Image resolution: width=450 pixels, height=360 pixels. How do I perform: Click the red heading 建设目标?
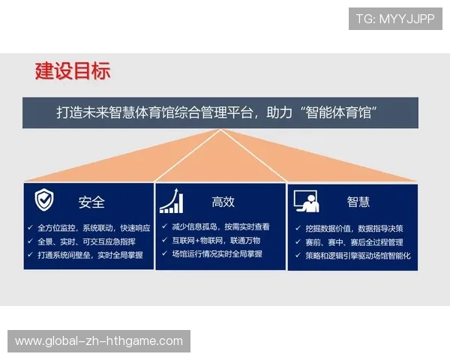pyautogui.click(x=73, y=71)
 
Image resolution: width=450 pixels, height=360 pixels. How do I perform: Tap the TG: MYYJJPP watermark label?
pyautogui.click(x=395, y=19)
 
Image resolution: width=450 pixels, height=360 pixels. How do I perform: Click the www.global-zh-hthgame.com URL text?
pyautogui.click(x=99, y=341)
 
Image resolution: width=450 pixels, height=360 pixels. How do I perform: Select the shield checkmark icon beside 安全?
pyautogui.click(x=44, y=200)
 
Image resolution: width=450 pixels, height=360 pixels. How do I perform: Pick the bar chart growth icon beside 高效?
pyautogui.click(x=172, y=200)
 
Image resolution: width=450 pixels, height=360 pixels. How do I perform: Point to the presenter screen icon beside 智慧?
pyautogui.click(x=306, y=200)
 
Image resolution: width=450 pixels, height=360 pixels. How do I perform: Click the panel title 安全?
pyautogui.click(x=91, y=202)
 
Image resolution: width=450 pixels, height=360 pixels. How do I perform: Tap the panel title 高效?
pyautogui.click(x=223, y=202)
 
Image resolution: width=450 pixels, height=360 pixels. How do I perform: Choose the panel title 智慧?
pyautogui.click(x=358, y=202)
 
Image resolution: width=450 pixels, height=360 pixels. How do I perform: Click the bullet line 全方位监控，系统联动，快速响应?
pyautogui.click(x=94, y=227)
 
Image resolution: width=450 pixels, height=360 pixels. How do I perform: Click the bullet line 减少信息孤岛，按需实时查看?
pyautogui.click(x=220, y=226)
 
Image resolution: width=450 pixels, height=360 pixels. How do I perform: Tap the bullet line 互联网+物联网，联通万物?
pyautogui.click(x=216, y=241)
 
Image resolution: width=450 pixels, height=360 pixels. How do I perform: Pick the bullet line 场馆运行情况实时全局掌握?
pyautogui.click(x=217, y=254)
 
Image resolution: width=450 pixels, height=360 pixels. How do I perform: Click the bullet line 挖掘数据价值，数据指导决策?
pyautogui.click(x=354, y=228)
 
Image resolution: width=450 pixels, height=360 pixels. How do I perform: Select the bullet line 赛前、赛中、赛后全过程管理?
pyautogui.click(x=354, y=242)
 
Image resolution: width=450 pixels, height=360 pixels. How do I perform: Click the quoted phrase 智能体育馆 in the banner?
pyautogui.click(x=337, y=112)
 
